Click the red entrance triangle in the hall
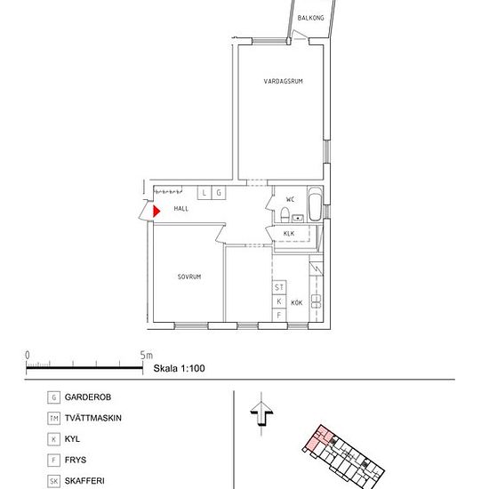156,211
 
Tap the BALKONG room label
310,18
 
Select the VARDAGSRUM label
283,82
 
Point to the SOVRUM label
189,277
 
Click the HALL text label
181,209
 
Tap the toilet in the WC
285,214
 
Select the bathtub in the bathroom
315,204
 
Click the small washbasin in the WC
298,218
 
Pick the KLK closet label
289,233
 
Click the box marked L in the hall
204,193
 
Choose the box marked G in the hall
219,193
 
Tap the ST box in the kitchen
279,287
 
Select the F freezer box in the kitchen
279,316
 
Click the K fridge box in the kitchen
279,301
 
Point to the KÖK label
297,303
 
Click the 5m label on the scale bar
147,356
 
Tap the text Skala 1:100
179,368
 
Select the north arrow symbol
261,413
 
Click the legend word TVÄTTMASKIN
93,418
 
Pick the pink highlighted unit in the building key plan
318,438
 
